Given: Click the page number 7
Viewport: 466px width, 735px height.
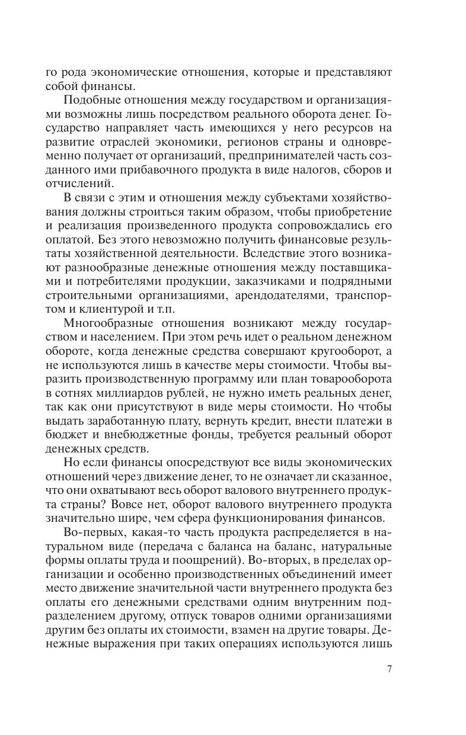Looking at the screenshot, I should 389,669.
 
